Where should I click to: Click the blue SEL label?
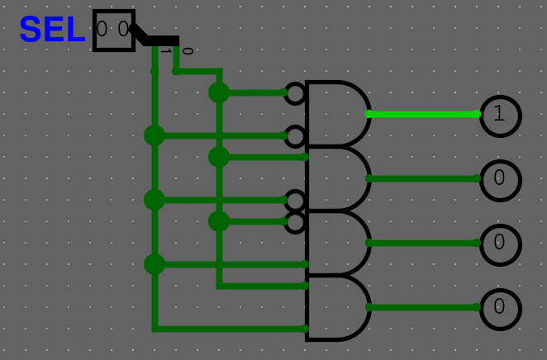click(x=52, y=31)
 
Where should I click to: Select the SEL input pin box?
click(x=114, y=31)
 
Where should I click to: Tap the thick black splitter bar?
click(x=162, y=40)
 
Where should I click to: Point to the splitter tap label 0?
click(x=187, y=51)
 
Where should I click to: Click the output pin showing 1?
click(x=500, y=115)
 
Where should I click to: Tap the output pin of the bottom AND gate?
click(x=500, y=308)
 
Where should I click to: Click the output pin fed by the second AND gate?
click(x=500, y=179)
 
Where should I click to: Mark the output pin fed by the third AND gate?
click(x=500, y=244)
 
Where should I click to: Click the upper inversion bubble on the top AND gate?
click(x=295, y=93)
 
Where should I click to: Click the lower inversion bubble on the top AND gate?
click(x=295, y=135)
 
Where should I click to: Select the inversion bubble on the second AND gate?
click(x=295, y=200)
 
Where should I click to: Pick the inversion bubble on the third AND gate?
click(x=295, y=221)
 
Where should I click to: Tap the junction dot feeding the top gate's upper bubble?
click(x=219, y=92)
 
